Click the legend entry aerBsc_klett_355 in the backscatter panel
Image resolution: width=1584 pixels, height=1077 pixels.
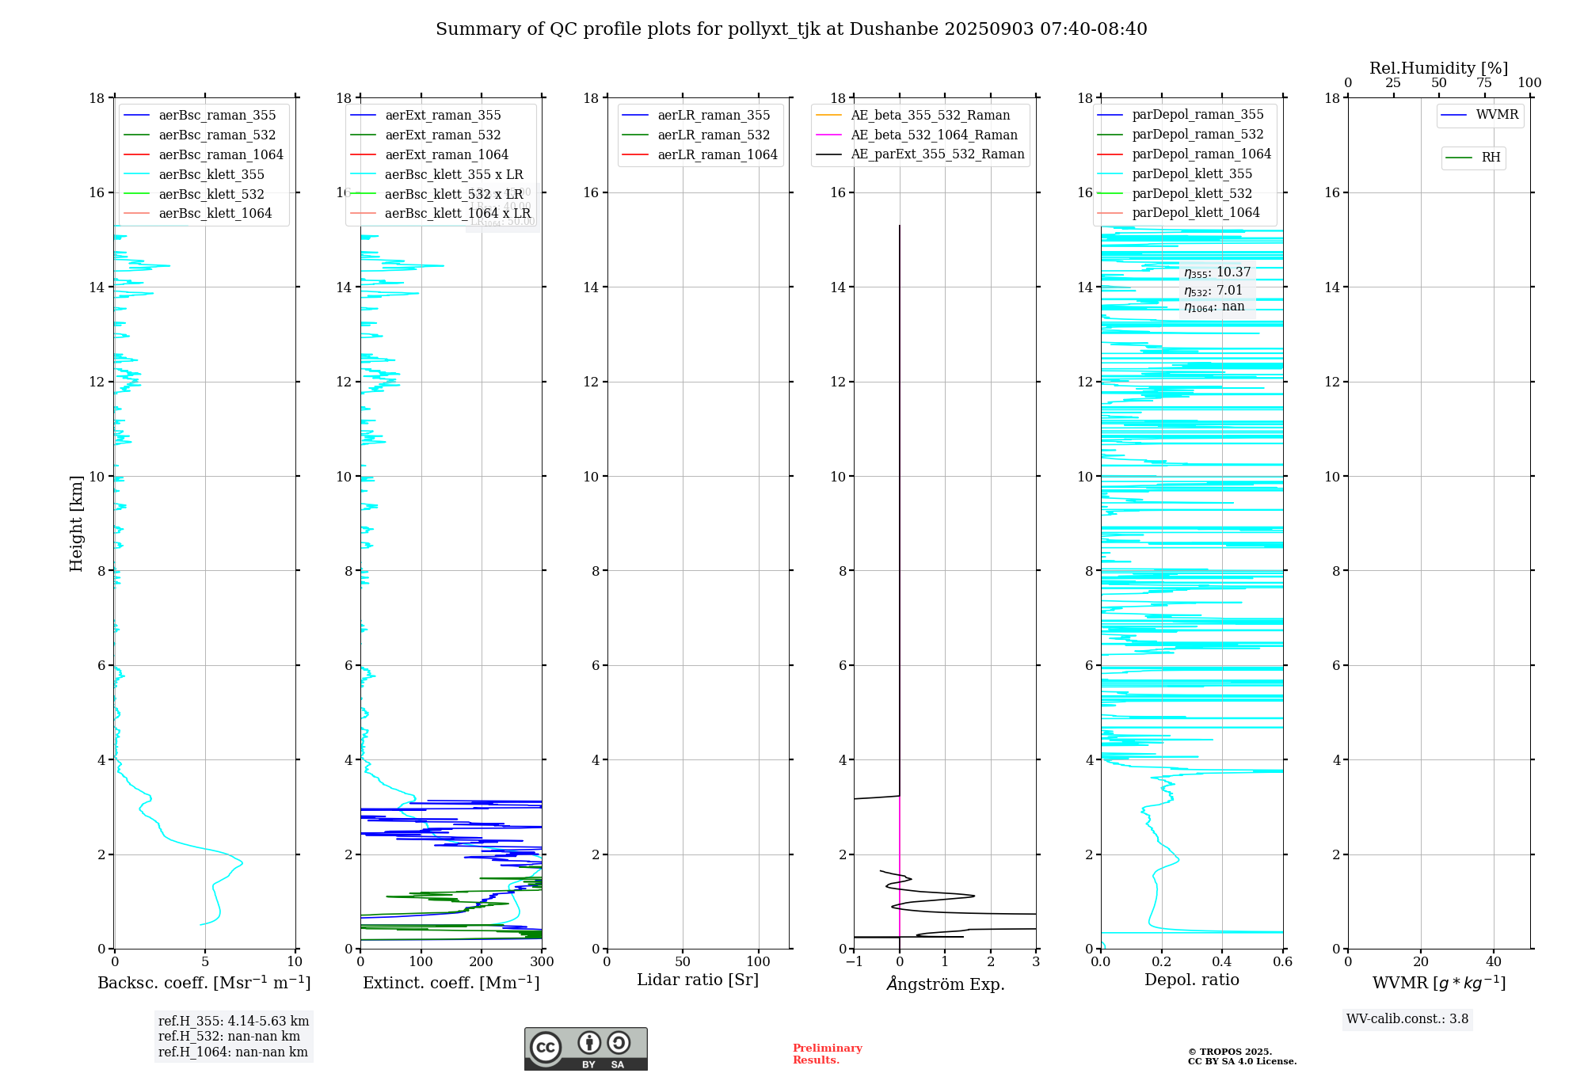(211, 174)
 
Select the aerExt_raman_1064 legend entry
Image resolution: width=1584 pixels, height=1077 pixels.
(447, 154)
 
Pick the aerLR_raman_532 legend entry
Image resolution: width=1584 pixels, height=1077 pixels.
(714, 135)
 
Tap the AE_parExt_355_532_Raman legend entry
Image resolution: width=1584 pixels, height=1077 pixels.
(938, 154)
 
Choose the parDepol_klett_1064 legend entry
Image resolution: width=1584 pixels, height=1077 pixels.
(1196, 212)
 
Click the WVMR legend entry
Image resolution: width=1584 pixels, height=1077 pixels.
(1497, 115)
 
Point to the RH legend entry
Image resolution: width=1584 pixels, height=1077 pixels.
(1491, 158)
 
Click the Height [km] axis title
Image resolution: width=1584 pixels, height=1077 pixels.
(76, 523)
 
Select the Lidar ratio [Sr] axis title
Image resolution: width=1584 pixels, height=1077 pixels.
(698, 980)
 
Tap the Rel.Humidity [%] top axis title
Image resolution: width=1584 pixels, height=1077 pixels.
(1438, 68)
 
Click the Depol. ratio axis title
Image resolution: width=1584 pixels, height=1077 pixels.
(1191, 980)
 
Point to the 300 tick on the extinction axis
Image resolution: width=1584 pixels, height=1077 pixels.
(542, 962)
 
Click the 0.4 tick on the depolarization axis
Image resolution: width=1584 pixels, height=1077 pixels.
(1222, 962)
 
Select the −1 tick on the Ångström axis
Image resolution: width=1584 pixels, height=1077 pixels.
(854, 962)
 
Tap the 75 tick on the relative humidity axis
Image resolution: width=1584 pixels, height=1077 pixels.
(1484, 83)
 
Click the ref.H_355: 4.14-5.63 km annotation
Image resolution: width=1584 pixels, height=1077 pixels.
(234, 1021)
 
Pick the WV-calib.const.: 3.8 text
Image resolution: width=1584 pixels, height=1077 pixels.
(1407, 1019)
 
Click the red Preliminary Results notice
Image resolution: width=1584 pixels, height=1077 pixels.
(827, 1054)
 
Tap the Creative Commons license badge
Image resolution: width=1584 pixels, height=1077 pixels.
(585, 1048)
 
